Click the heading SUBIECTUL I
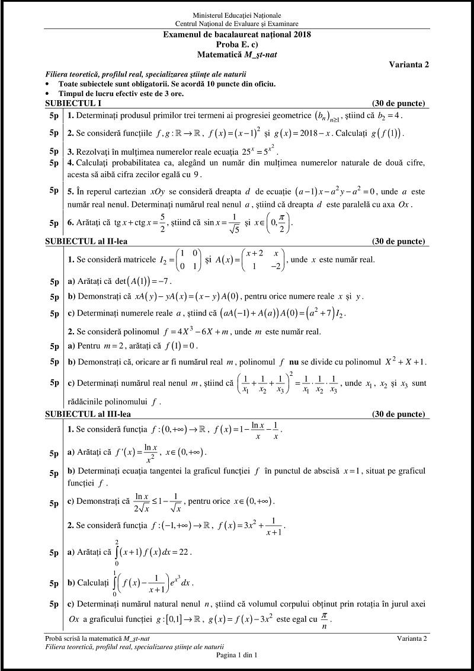coord(70,103)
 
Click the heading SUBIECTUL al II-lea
coord(86,241)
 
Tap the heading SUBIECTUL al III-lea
coord(87,414)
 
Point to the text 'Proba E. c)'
coord(237,44)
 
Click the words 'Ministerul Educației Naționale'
coord(237,15)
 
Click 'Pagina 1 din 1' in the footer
coord(237,655)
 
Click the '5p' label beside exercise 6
coord(54,223)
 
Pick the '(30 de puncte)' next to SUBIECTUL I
coord(398,103)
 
